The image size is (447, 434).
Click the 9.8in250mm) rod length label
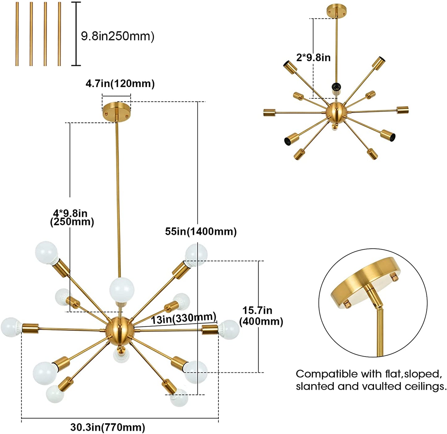click(x=118, y=36)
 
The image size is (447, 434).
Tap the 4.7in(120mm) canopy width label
click(x=120, y=84)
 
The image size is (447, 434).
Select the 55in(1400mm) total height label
click(x=201, y=231)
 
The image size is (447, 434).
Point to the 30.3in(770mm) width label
click(x=108, y=427)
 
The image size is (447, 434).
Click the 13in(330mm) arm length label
click(x=183, y=318)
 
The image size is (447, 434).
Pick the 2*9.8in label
click(x=313, y=58)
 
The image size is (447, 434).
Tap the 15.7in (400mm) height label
click(x=261, y=316)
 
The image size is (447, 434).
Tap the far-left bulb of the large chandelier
click(x=11, y=327)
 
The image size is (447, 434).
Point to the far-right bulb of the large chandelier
click(x=229, y=329)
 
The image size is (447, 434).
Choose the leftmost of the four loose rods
click(x=17, y=34)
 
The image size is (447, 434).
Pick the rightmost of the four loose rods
click(x=59, y=34)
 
